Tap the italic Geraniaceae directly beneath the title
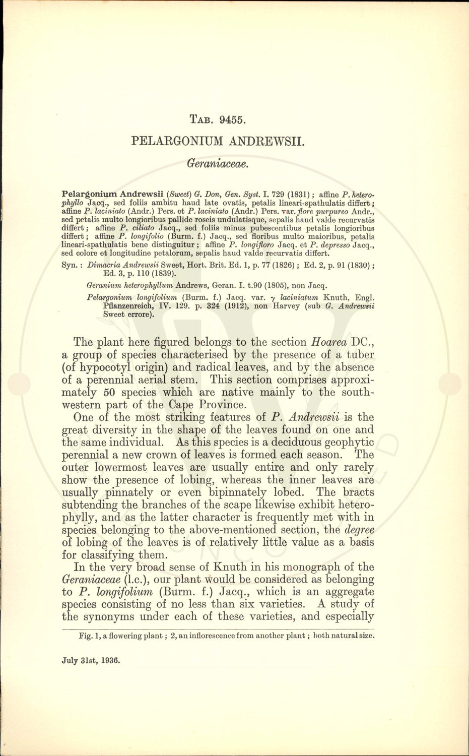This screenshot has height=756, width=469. pos(218,163)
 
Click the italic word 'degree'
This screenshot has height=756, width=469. pos(359,530)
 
